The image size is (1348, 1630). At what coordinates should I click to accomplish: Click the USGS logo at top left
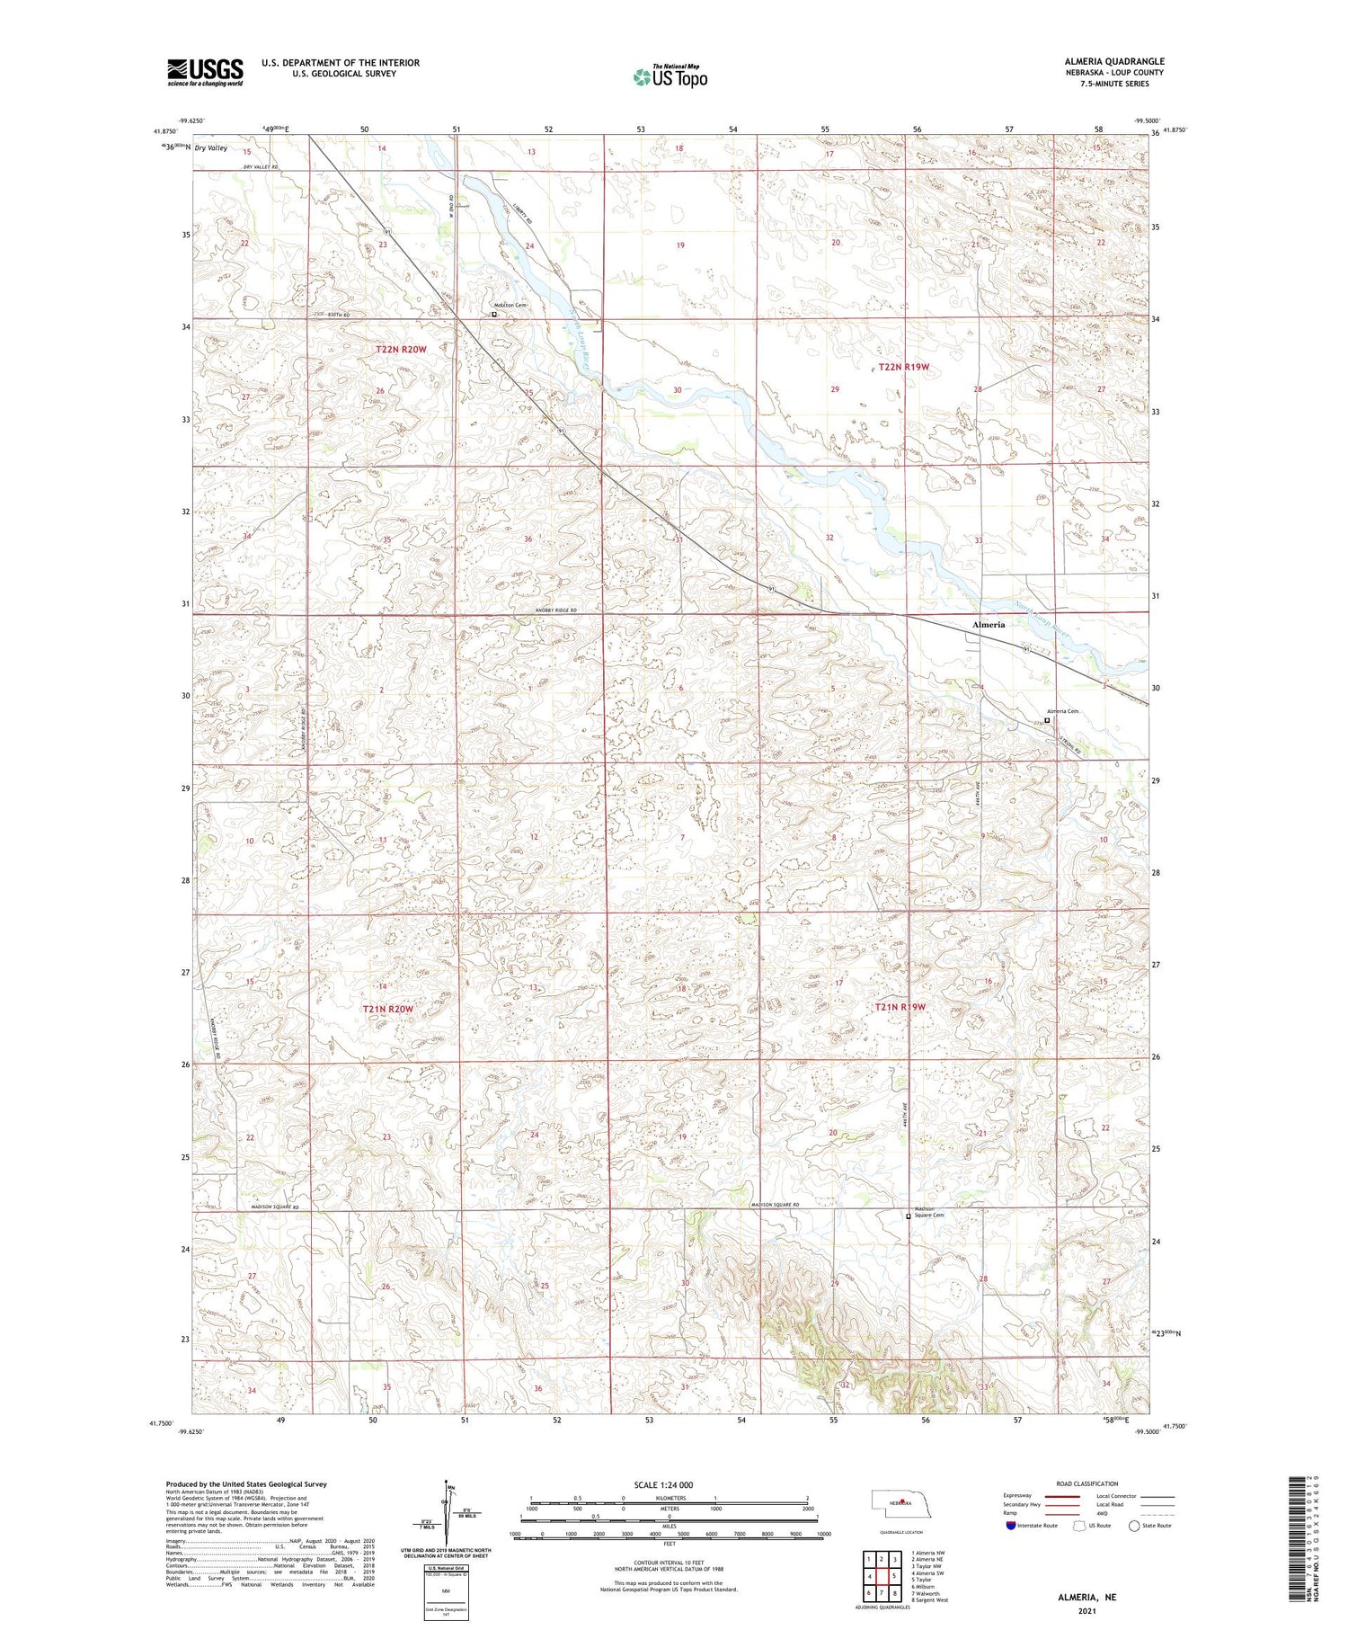coord(205,72)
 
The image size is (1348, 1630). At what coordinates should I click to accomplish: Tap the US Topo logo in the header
coord(670,77)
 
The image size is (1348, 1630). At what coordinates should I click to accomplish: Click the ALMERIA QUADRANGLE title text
coord(1113,61)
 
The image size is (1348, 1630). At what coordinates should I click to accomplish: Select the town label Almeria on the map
coord(989,624)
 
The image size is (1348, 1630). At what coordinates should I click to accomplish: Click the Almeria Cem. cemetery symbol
coord(1047,720)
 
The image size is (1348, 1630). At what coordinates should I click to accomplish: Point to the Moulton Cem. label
coord(509,306)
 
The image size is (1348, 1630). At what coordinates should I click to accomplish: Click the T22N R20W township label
coord(402,348)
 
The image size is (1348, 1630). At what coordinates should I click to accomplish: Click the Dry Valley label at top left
coord(212,147)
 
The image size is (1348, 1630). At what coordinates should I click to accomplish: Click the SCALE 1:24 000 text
coord(670,1484)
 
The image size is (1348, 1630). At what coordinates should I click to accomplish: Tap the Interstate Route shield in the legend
coord(1011,1525)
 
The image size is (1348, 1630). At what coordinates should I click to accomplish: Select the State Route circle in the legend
coord(1134,1525)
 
